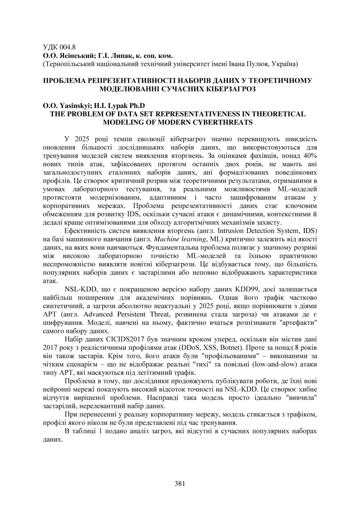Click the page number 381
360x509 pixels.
[x=180, y=483]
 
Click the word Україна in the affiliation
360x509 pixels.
[x=282, y=64]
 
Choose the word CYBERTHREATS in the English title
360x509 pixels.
[x=222, y=122]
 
